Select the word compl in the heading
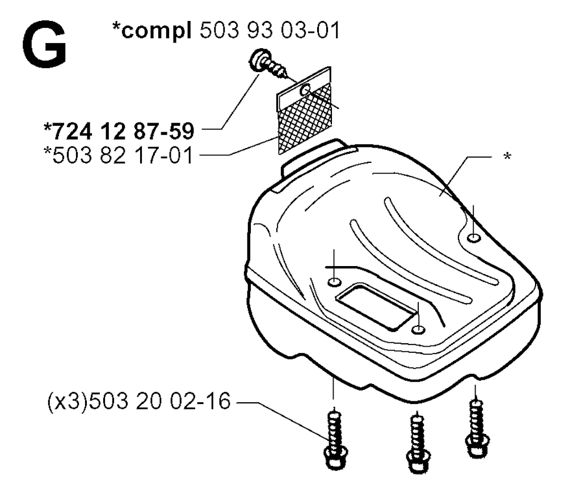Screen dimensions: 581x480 tap(157, 31)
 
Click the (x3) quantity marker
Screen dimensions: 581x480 tap(68, 401)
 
